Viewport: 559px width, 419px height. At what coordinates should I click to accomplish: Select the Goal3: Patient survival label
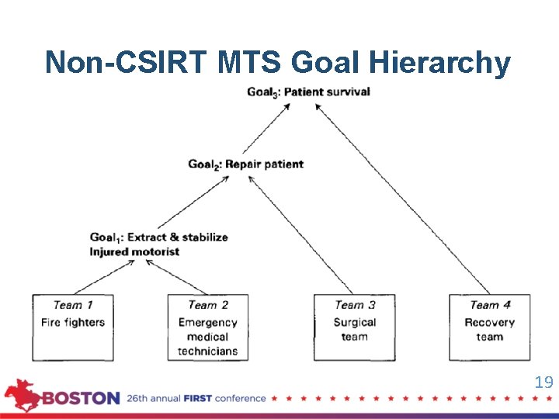(x=308, y=92)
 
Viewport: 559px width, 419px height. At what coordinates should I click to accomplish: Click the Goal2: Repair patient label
(x=245, y=164)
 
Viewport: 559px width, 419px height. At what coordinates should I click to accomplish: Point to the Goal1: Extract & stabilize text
(x=158, y=237)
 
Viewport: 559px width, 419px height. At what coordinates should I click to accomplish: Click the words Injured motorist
(x=134, y=251)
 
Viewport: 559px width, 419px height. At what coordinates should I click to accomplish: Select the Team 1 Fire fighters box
(x=72, y=327)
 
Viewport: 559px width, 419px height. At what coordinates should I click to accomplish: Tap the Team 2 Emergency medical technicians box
(x=208, y=327)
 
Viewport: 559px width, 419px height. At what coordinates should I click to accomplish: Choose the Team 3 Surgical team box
(x=354, y=327)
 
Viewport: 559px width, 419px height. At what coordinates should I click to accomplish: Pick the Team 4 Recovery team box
(x=489, y=327)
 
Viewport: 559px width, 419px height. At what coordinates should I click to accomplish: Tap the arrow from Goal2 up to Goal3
(x=266, y=128)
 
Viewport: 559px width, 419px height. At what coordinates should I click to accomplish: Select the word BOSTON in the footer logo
(x=81, y=399)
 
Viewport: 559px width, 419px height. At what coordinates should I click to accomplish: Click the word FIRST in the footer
(x=197, y=399)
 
